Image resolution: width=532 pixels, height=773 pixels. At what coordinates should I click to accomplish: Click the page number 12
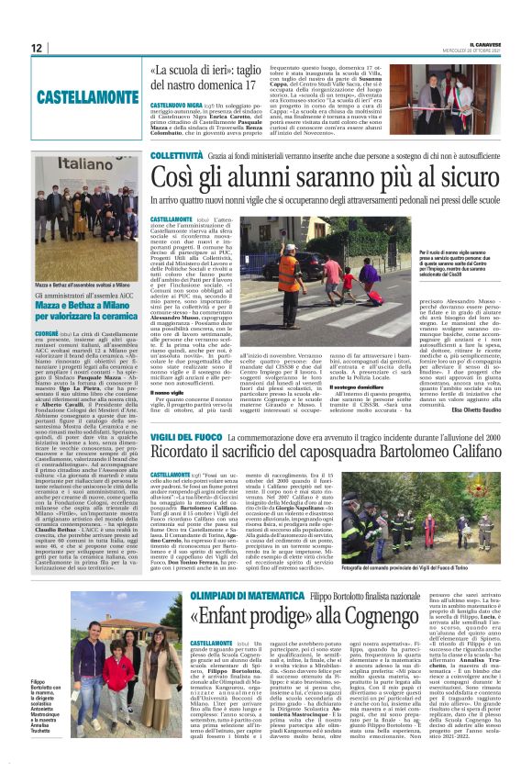pyautogui.click(x=36, y=47)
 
